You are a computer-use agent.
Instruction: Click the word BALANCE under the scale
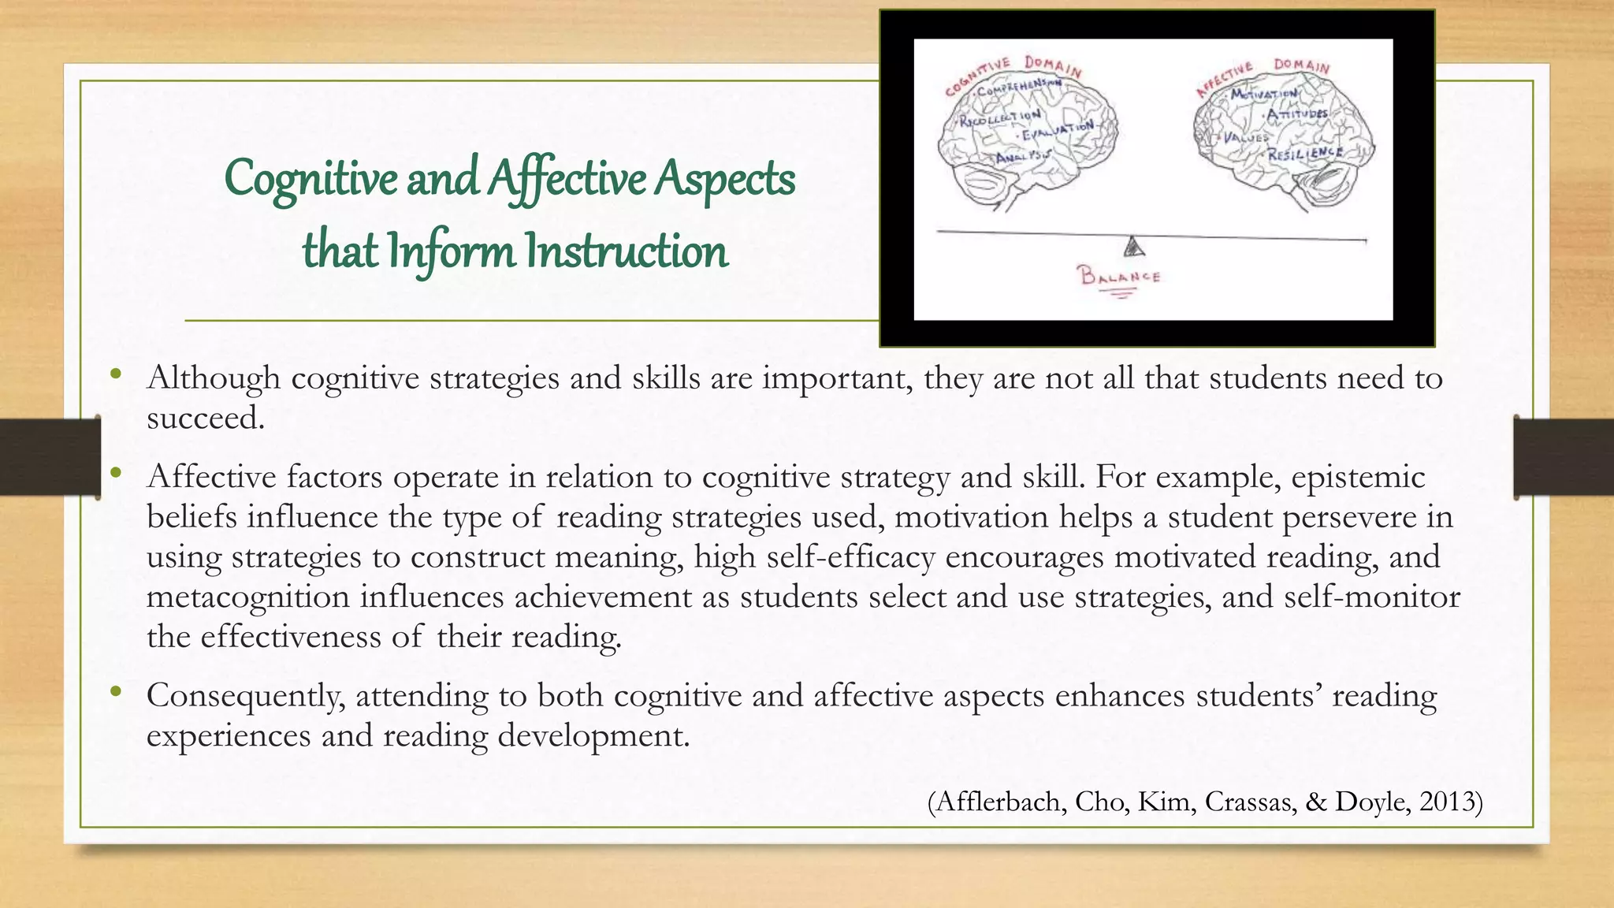(1119, 277)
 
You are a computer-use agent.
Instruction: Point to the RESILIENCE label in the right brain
(1305, 152)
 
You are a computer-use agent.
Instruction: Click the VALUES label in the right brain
(1244, 138)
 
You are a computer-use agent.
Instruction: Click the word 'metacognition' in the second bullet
(247, 597)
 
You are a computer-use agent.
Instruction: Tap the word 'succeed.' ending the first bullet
(205, 418)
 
